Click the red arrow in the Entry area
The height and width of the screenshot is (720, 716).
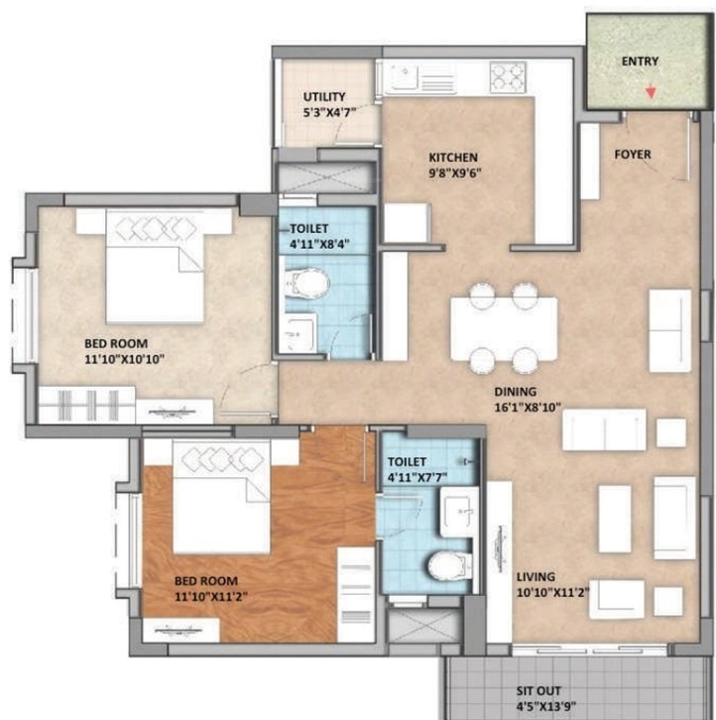[x=651, y=92]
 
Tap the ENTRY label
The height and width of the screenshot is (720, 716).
[x=640, y=61]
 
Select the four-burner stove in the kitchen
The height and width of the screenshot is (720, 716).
[x=508, y=75]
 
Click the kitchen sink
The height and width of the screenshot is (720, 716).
[x=404, y=76]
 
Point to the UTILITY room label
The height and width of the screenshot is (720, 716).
[x=324, y=97]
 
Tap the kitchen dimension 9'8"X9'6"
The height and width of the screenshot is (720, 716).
[x=455, y=174]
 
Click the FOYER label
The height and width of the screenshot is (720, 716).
[x=633, y=155]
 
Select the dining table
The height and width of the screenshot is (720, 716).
[x=504, y=329]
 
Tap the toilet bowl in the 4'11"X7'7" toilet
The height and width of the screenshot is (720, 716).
[x=449, y=565]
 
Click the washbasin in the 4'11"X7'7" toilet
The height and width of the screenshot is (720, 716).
[x=459, y=511]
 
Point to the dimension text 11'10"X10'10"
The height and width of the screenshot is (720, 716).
[x=125, y=359]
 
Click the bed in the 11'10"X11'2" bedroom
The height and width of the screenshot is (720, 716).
[x=221, y=497]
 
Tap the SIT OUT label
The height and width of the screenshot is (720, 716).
[x=538, y=691]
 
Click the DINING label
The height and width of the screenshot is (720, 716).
[x=516, y=392]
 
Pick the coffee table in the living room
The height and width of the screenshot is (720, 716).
[x=615, y=519]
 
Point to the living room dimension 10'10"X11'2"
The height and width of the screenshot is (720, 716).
[x=553, y=593]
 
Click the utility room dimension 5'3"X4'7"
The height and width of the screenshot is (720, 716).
[x=329, y=113]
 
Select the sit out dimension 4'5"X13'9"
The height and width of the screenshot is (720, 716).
[x=546, y=707]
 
